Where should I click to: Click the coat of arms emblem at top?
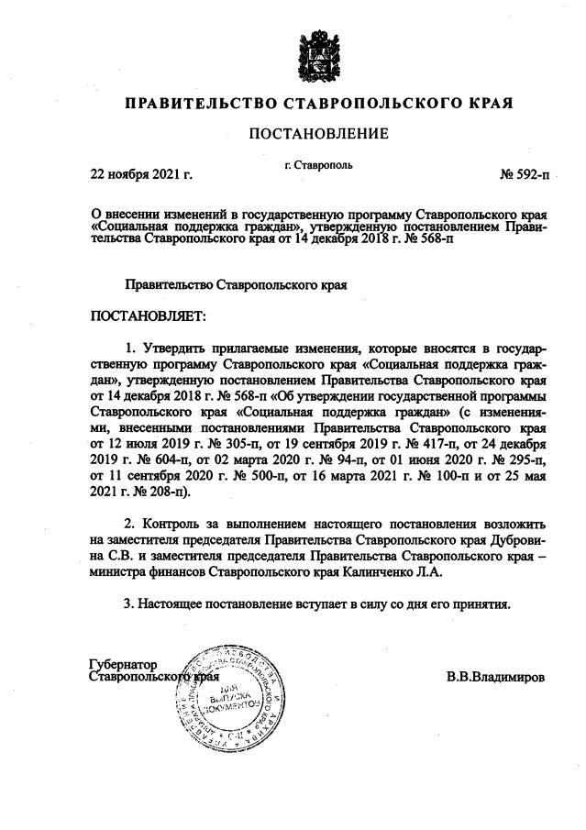click(x=318, y=54)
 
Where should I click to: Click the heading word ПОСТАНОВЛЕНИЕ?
click(x=318, y=134)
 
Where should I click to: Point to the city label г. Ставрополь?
click(x=318, y=165)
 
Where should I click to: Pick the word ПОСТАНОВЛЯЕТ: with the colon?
click(x=148, y=316)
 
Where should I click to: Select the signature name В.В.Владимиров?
click(x=495, y=677)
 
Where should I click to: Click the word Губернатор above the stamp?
click(x=123, y=664)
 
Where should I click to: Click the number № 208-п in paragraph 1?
click(x=158, y=490)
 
